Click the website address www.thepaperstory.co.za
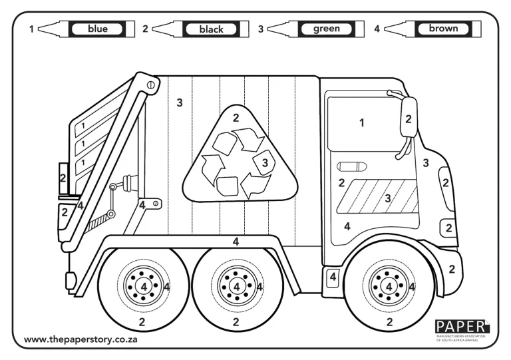pyautogui.click(x=81, y=340)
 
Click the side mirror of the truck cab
pyautogui.click(x=409, y=118)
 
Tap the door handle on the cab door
pyautogui.click(x=352, y=166)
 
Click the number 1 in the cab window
pyautogui.click(x=361, y=123)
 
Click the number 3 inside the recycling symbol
pyautogui.click(x=264, y=161)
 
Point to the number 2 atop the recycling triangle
pyautogui.click(x=236, y=118)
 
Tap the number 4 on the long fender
pyautogui.click(x=236, y=242)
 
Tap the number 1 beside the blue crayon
pyautogui.click(x=31, y=29)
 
